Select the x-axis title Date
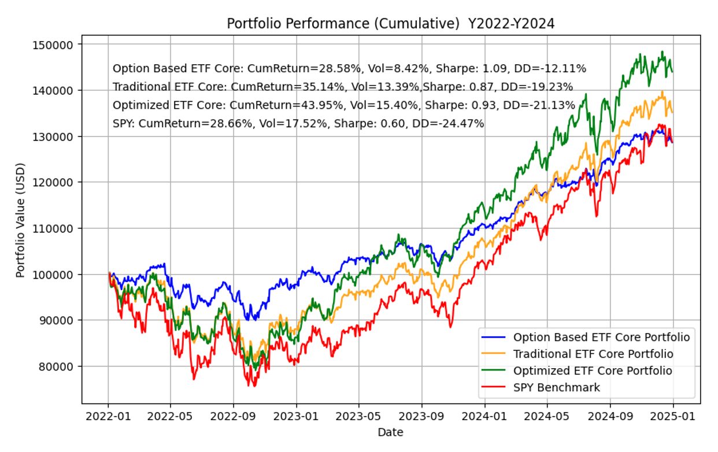pos(390,432)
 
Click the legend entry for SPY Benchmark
pos(556,387)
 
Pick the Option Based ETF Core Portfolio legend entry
pos(601,337)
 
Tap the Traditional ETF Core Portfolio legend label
pos(593,353)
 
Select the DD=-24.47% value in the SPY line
pos(453,123)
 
